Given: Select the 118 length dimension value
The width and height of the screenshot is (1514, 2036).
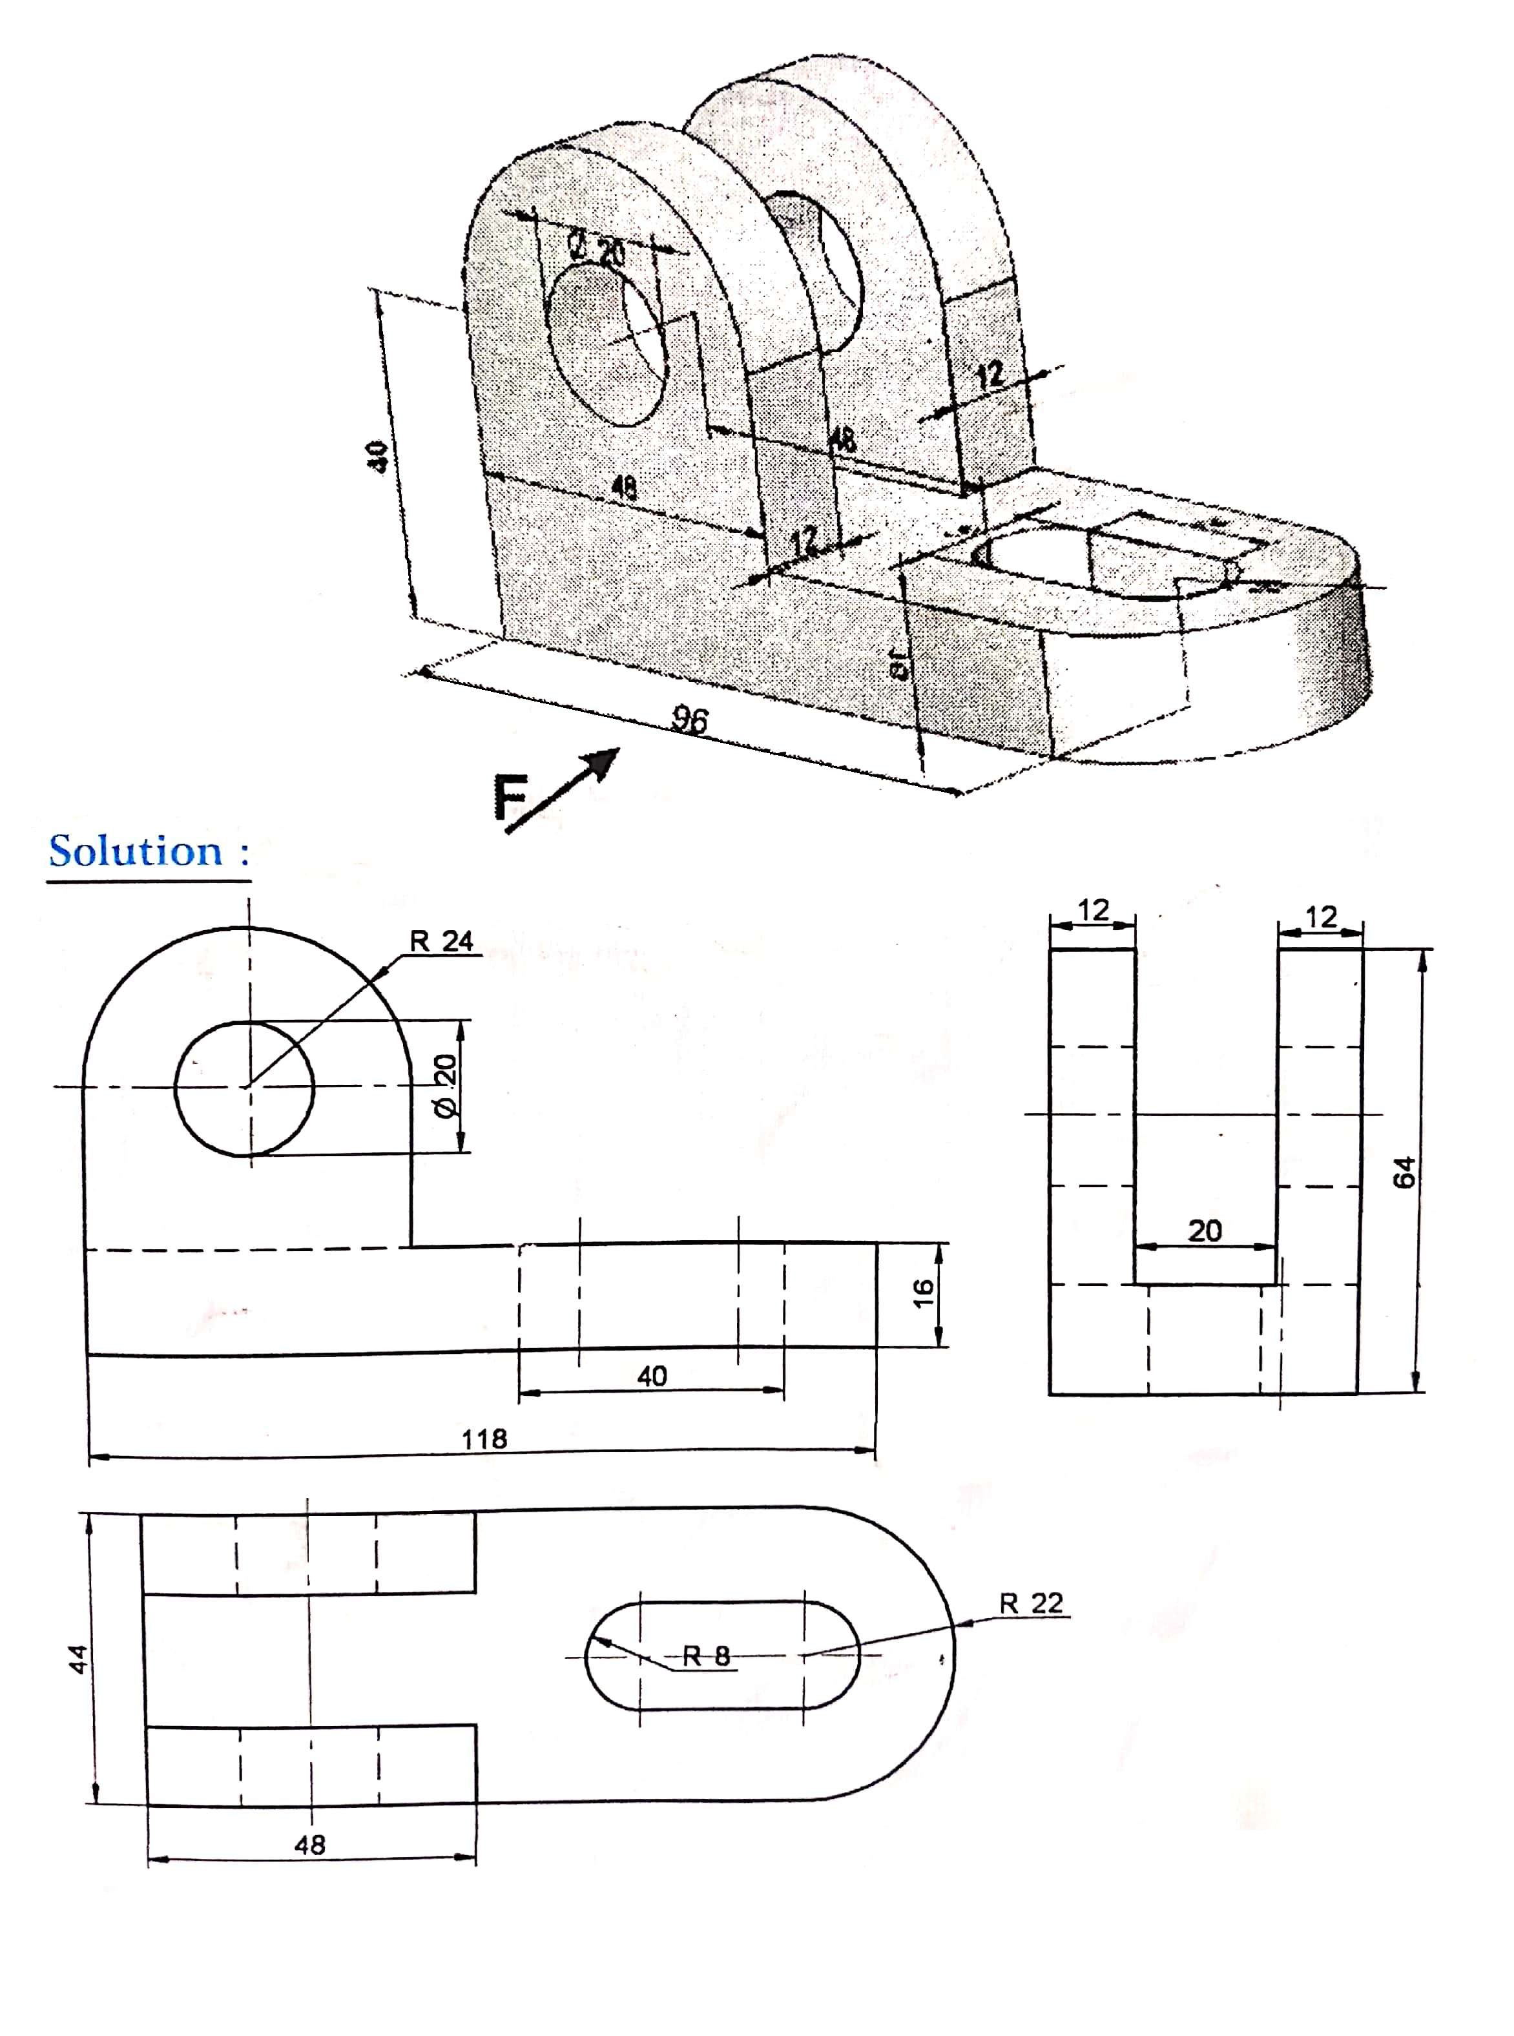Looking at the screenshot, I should [x=484, y=1439].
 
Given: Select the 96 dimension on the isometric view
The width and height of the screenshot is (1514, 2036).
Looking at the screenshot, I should [x=689, y=720].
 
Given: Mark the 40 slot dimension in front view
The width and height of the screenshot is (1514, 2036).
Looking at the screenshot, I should [x=652, y=1375].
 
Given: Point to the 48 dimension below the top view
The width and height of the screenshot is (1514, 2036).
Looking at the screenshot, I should [x=310, y=1845].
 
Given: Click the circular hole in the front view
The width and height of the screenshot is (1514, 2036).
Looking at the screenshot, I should [x=244, y=1088].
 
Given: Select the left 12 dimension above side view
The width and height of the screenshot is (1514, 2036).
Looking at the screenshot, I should [x=1094, y=910].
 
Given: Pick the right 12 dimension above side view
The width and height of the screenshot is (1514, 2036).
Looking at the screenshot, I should [x=1321, y=917].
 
